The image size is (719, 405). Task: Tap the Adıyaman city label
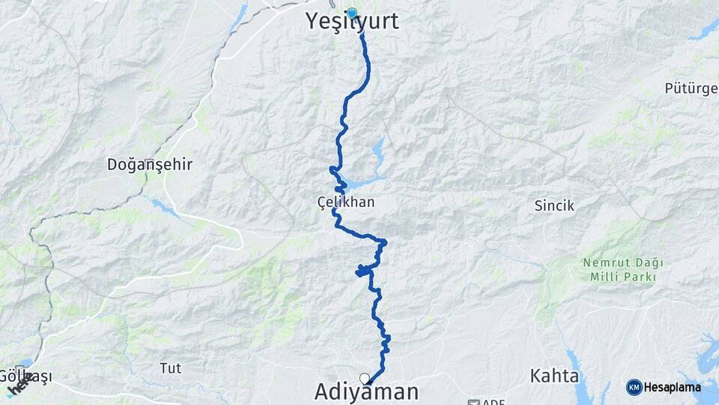[x=366, y=391]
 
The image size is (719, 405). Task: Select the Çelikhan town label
[x=345, y=202]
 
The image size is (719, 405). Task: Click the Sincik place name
[x=553, y=204]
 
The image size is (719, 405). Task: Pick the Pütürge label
[x=691, y=88]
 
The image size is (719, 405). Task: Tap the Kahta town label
[x=554, y=375]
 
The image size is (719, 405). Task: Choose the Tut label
[x=171, y=367]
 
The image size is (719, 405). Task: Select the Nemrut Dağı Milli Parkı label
[x=621, y=270]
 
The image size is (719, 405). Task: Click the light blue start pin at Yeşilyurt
[x=352, y=12]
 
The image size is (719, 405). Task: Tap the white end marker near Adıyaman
[x=364, y=378]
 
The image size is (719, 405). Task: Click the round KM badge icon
[x=634, y=387]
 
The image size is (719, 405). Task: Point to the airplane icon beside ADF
[x=473, y=402]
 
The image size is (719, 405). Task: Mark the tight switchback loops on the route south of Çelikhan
[x=362, y=270]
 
